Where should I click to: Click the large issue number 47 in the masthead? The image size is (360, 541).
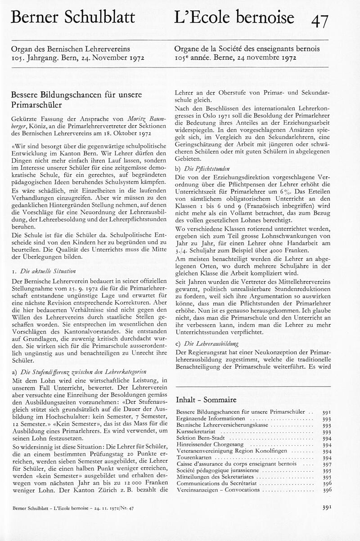tap(319, 20)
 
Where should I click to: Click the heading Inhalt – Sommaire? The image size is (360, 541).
tap(206, 399)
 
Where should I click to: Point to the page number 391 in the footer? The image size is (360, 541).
tap(327, 507)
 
